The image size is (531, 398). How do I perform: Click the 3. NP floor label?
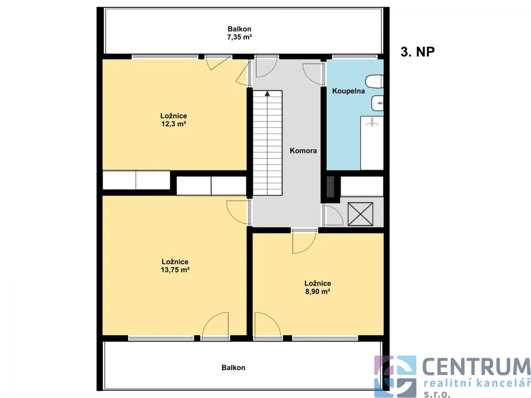point(417,52)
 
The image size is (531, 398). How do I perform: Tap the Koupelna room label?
point(348,91)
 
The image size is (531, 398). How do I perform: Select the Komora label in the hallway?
point(303,151)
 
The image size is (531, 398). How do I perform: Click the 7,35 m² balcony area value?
point(240,37)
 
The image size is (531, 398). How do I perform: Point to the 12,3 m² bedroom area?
point(173,124)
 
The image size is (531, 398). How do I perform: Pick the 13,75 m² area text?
point(175,269)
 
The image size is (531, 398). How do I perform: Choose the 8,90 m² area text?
point(318,291)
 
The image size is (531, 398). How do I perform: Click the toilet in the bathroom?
point(374,81)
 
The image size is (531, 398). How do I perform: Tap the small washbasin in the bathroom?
point(378,103)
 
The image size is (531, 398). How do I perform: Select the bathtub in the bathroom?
point(372,143)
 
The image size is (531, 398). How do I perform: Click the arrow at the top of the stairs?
point(268,93)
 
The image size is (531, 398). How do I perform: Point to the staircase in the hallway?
point(268,143)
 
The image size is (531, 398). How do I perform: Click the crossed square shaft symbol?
point(360,214)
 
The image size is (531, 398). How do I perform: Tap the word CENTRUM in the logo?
point(476,366)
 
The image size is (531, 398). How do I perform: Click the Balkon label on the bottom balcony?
point(233,367)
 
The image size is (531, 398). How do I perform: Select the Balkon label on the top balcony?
point(240,29)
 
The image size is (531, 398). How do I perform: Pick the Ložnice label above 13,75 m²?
point(175,262)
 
